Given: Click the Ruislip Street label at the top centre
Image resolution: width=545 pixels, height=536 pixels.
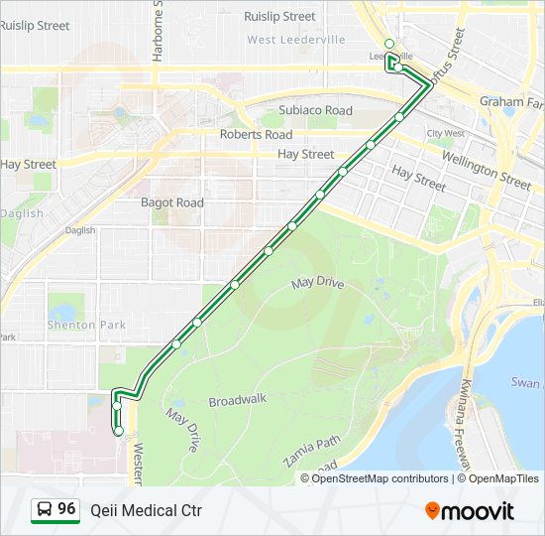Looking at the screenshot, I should click(279, 17).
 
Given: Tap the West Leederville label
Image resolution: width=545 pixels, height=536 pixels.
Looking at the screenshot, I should click(296, 40).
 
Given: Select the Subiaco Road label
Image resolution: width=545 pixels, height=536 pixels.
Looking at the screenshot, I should click(315, 110).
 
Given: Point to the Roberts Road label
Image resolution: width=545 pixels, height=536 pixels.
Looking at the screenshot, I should click(256, 134).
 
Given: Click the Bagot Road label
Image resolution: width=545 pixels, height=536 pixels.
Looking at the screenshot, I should click(171, 202).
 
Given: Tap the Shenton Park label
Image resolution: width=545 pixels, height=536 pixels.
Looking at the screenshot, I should click(86, 325).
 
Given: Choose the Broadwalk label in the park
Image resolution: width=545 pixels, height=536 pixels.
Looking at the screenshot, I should click(238, 401).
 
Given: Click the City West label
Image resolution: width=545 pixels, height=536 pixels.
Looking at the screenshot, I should click(446, 133).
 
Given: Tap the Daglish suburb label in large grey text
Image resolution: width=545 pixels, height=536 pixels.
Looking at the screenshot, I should click(22, 213).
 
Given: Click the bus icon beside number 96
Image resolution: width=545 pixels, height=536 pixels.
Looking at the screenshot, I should click(44, 510).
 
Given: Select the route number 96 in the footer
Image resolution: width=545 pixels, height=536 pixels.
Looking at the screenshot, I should click(66, 509).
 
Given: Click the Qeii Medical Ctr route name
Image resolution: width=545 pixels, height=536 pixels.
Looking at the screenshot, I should click(146, 510).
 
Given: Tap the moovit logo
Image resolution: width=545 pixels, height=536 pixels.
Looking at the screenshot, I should click(470, 511).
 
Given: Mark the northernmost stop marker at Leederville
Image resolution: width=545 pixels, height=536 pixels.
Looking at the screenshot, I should click(389, 44).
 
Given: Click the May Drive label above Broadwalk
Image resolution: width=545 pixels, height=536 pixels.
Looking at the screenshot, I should click(317, 284).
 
